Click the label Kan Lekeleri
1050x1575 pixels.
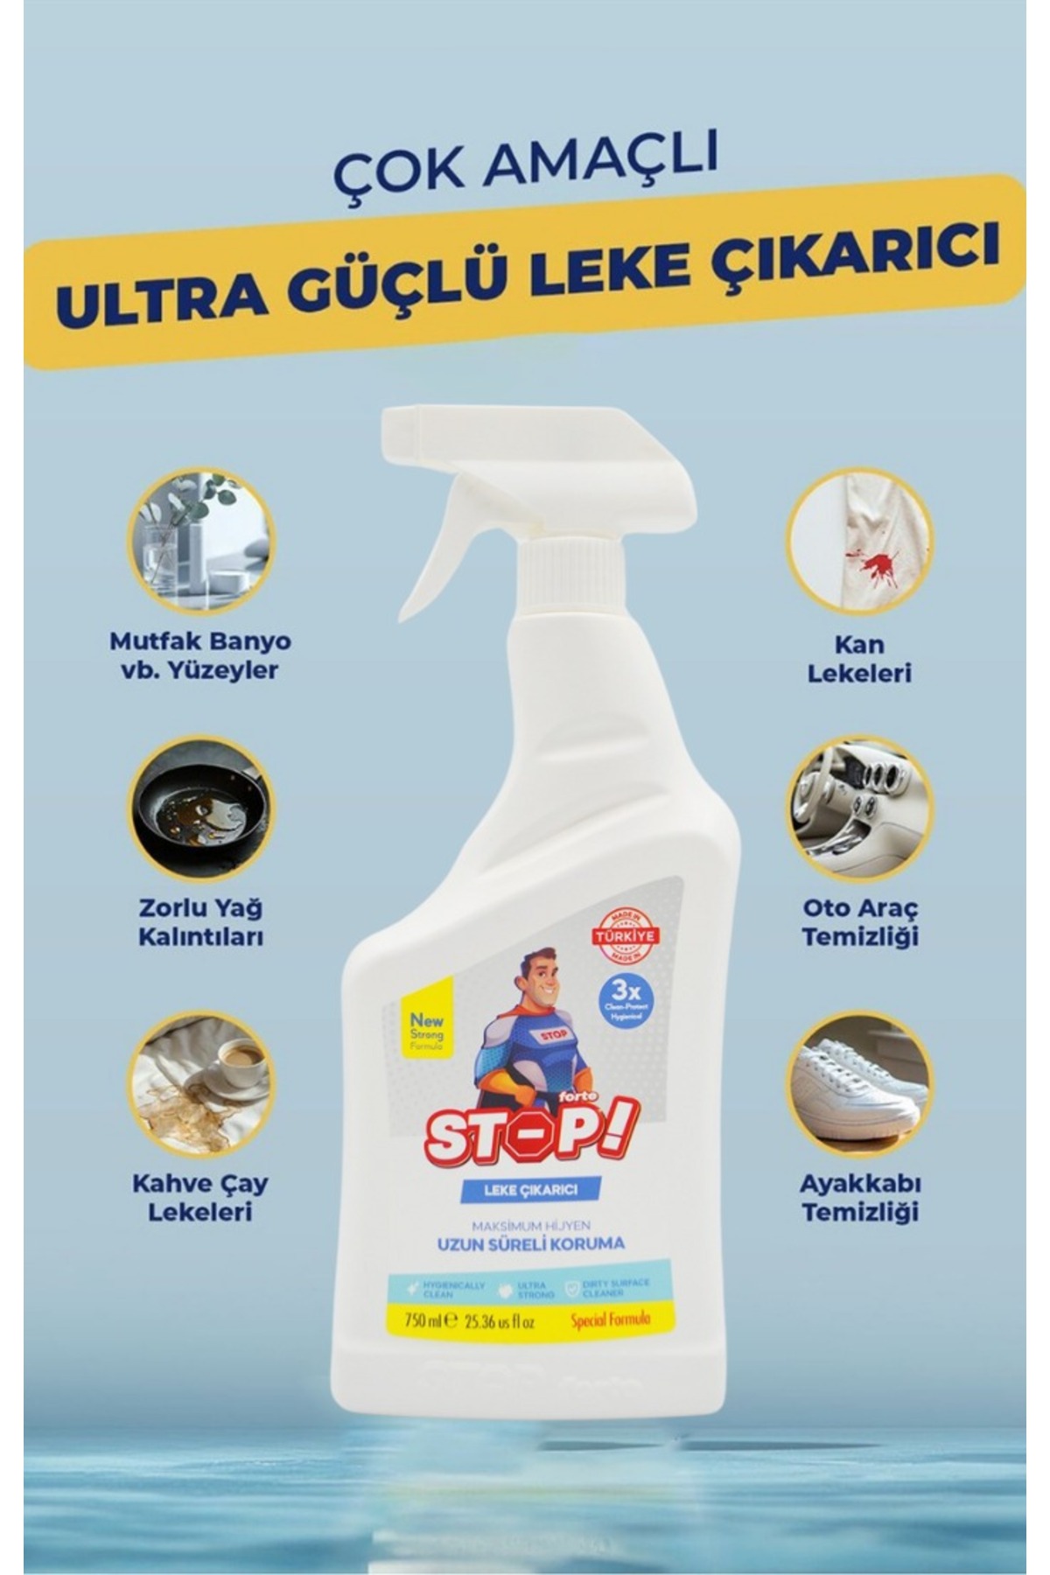pos(859,658)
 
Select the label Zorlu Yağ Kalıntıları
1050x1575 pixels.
pos(201,921)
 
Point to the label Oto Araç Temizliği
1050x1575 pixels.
pos(859,921)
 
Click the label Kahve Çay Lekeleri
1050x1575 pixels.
pos(201,1197)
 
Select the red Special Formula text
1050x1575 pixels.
pos(610,1320)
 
